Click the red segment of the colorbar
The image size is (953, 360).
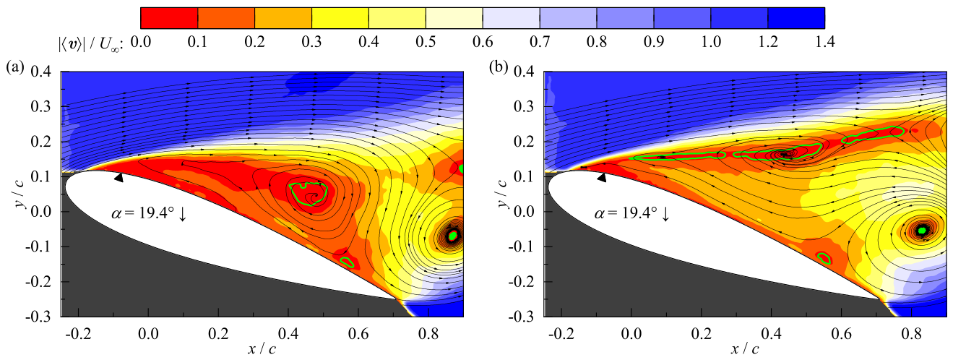tap(169, 18)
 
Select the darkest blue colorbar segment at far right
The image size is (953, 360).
tap(796, 18)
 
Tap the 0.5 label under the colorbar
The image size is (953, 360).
tap(426, 42)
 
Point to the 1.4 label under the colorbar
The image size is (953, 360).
tap(824, 42)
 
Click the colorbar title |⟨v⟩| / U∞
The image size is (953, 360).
tap(90, 43)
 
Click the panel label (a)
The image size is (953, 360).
tap(15, 67)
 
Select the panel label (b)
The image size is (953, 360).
tap(499, 67)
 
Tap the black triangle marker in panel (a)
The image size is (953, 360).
tap(118, 178)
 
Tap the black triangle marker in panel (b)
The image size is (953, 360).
tap(602, 178)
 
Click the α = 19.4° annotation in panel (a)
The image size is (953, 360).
tap(149, 213)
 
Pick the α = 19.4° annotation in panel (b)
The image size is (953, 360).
tap(631, 213)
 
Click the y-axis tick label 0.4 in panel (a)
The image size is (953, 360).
tap(41, 71)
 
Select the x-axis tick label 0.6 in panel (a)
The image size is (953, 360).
tap(358, 334)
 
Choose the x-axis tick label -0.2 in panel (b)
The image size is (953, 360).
tap(561, 334)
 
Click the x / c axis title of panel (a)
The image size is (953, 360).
tap(262, 349)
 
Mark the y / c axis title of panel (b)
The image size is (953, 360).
tap(504, 194)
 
